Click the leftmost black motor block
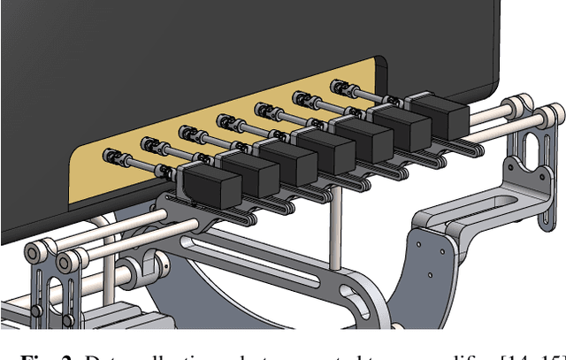point(213,188)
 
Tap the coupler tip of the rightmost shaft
point(337,86)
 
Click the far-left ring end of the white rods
point(34,254)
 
